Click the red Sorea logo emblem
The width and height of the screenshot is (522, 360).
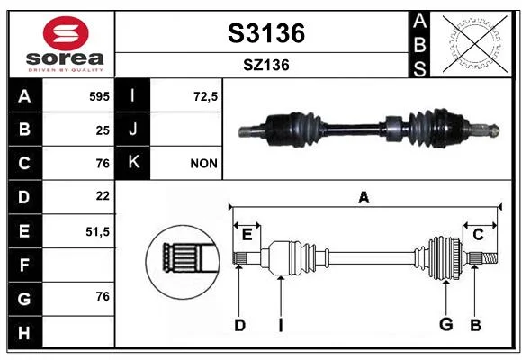(x=66, y=33)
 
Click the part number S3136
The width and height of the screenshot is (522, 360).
(x=266, y=33)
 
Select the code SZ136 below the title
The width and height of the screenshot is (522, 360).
(x=266, y=65)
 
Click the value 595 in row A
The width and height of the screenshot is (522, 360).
(x=99, y=96)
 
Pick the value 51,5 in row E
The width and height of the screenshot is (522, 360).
(x=97, y=231)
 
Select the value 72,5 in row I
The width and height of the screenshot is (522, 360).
(x=205, y=96)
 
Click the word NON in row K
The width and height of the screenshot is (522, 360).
(x=203, y=164)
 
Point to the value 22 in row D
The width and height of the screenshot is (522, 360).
(x=103, y=196)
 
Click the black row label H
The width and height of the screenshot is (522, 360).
(x=24, y=332)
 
